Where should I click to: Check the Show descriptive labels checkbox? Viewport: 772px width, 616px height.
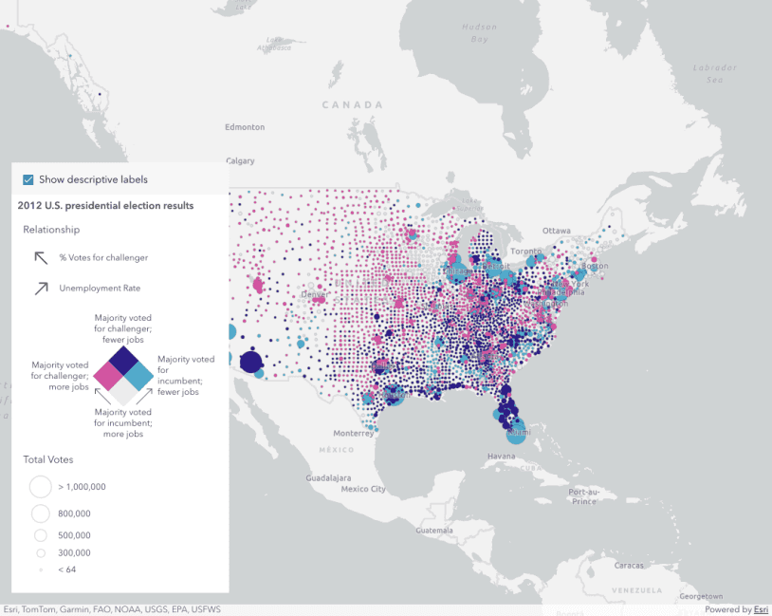28,179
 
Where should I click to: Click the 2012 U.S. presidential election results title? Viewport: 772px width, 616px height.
105,205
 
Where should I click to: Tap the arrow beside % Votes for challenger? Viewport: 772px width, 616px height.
42,257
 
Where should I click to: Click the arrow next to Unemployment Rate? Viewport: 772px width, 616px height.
42,288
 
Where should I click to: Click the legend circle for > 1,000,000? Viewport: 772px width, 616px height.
41,487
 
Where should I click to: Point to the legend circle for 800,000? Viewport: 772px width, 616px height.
41,513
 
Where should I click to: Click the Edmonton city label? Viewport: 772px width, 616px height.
245,127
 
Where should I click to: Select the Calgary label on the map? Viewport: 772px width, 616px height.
240,161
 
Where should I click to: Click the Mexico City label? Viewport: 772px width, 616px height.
363,490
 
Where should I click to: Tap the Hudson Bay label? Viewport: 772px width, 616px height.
479,33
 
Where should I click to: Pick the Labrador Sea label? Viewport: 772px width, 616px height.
714,74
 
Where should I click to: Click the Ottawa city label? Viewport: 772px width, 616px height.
557,231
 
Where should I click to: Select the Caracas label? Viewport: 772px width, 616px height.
629,565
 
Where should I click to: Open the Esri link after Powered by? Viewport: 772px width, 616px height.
761,610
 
